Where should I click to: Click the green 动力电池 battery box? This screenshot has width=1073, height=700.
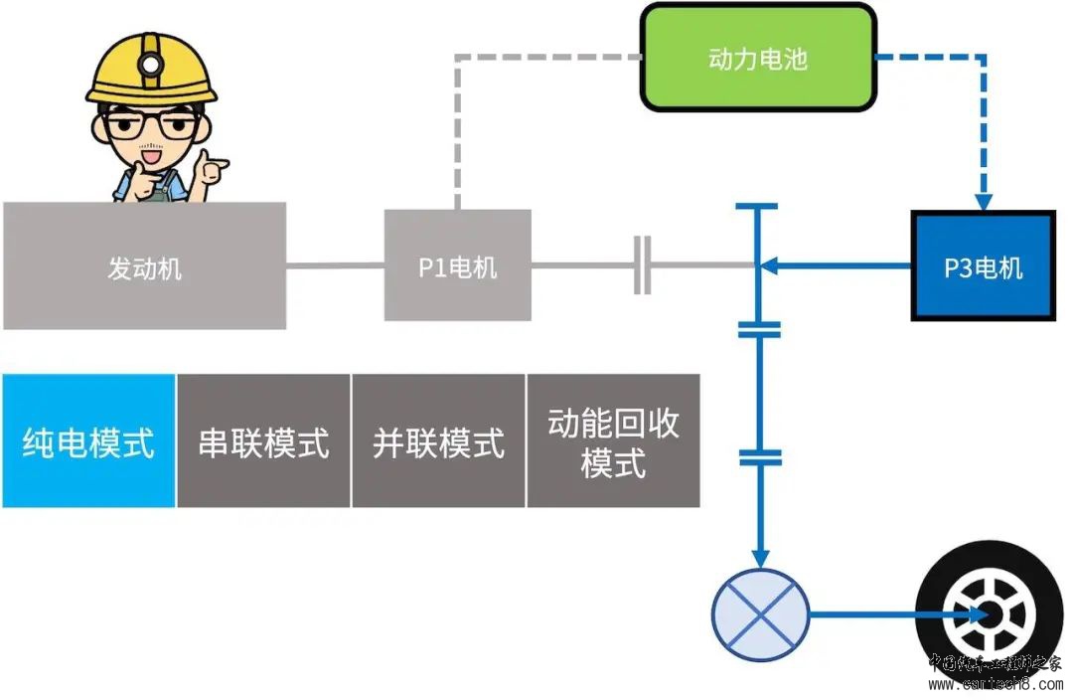[758, 57]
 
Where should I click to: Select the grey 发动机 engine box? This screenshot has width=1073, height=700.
[144, 266]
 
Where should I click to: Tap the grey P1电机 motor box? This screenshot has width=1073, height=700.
[457, 266]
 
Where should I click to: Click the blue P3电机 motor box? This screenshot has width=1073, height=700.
[983, 265]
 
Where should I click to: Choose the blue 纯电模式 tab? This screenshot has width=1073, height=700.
[88, 440]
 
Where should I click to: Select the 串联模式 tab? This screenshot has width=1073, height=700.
[263, 440]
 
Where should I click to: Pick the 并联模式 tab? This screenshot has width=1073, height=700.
[438, 440]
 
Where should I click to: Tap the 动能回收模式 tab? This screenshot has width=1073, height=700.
[613, 440]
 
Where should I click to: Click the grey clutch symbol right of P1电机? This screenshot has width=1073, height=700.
[643, 265]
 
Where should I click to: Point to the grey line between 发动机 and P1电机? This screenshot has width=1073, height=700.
[335, 265]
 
